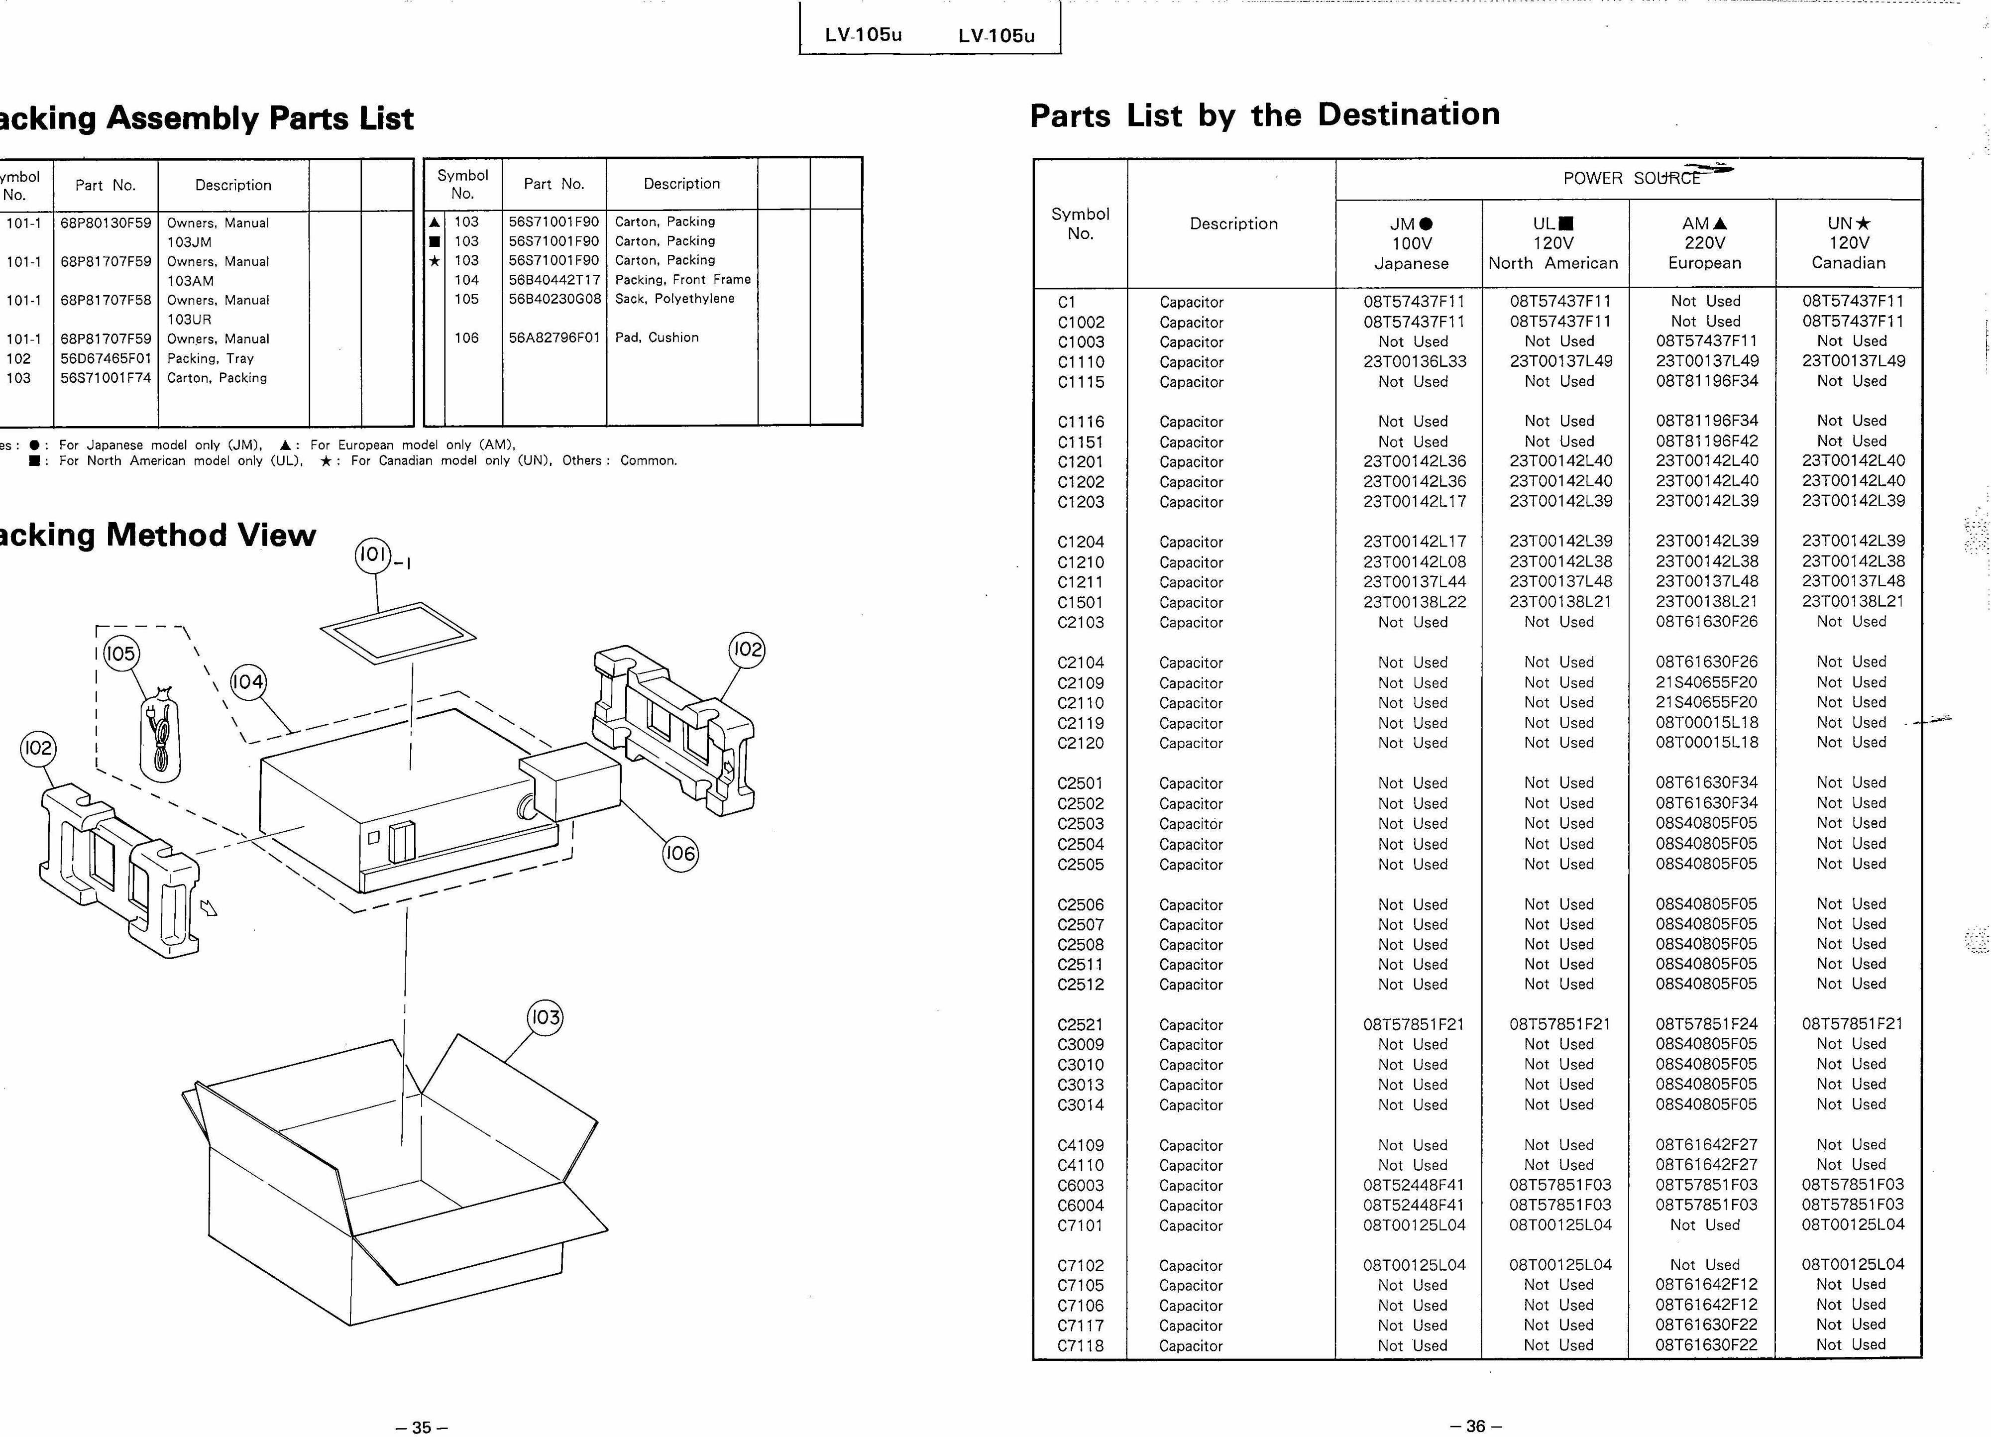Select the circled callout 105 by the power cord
[x=120, y=653]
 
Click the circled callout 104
[x=247, y=682]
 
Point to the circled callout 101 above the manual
[x=373, y=555]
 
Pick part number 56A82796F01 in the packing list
[x=554, y=337]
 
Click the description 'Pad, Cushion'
[x=657, y=337]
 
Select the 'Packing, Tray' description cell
[x=211, y=358]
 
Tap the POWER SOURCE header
[x=1632, y=178]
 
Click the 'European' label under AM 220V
[x=1705, y=262]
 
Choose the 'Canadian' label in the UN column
[x=1848, y=262]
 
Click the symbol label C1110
[x=1081, y=362]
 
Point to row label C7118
[x=1081, y=1346]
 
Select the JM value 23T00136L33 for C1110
[x=1414, y=361]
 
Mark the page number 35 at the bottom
[x=422, y=1428]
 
